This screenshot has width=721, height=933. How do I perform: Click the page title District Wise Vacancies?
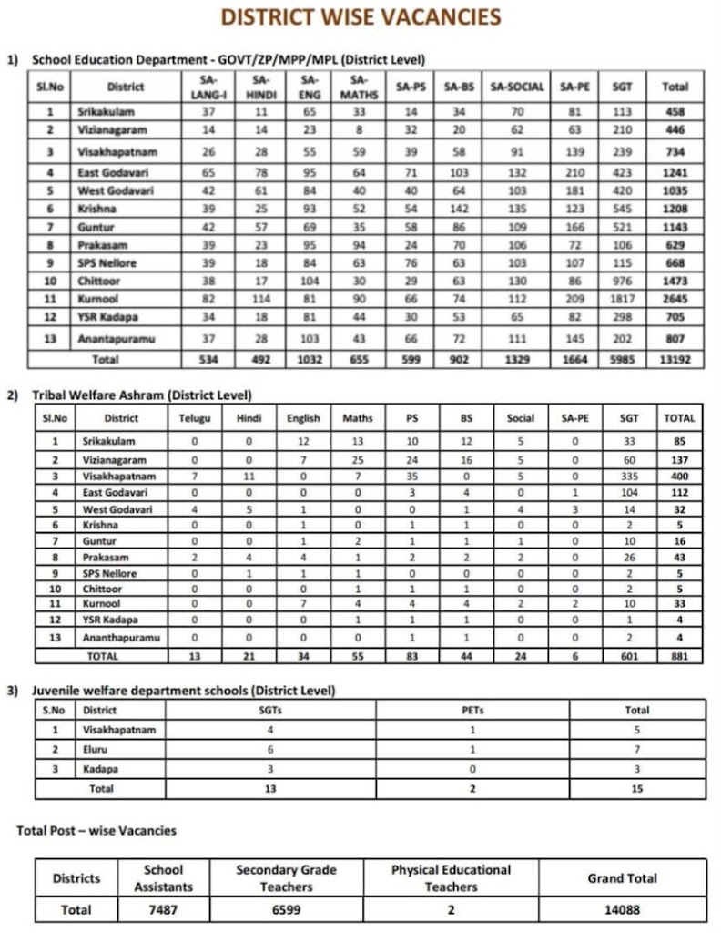tap(360, 17)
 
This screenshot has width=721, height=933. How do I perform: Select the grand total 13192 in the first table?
tap(675, 359)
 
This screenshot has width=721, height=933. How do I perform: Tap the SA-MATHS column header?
tap(358, 87)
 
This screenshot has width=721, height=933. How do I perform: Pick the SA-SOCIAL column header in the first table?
tap(517, 87)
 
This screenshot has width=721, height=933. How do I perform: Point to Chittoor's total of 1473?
tap(675, 282)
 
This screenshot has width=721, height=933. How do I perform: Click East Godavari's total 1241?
tap(675, 172)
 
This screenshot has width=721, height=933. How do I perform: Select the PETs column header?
tap(472, 710)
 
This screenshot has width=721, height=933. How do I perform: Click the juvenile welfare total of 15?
tap(636, 788)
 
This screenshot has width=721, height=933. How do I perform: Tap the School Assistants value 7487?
tap(163, 909)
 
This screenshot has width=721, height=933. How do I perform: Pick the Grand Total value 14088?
tap(622, 909)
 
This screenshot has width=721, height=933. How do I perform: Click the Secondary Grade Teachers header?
tap(287, 878)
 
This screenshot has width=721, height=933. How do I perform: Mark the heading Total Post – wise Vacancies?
tap(96, 830)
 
